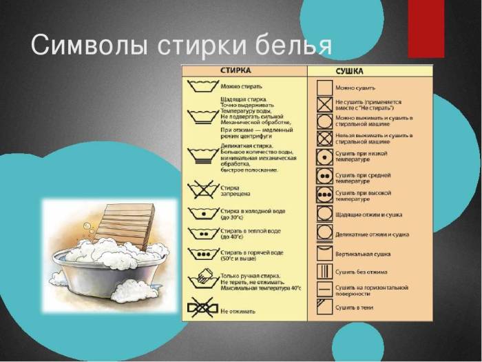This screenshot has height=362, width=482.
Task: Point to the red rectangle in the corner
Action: [x=426, y=28]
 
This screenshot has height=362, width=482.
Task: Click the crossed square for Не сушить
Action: [x=324, y=105]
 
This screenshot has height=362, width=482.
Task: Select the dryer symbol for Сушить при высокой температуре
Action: [x=324, y=194]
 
